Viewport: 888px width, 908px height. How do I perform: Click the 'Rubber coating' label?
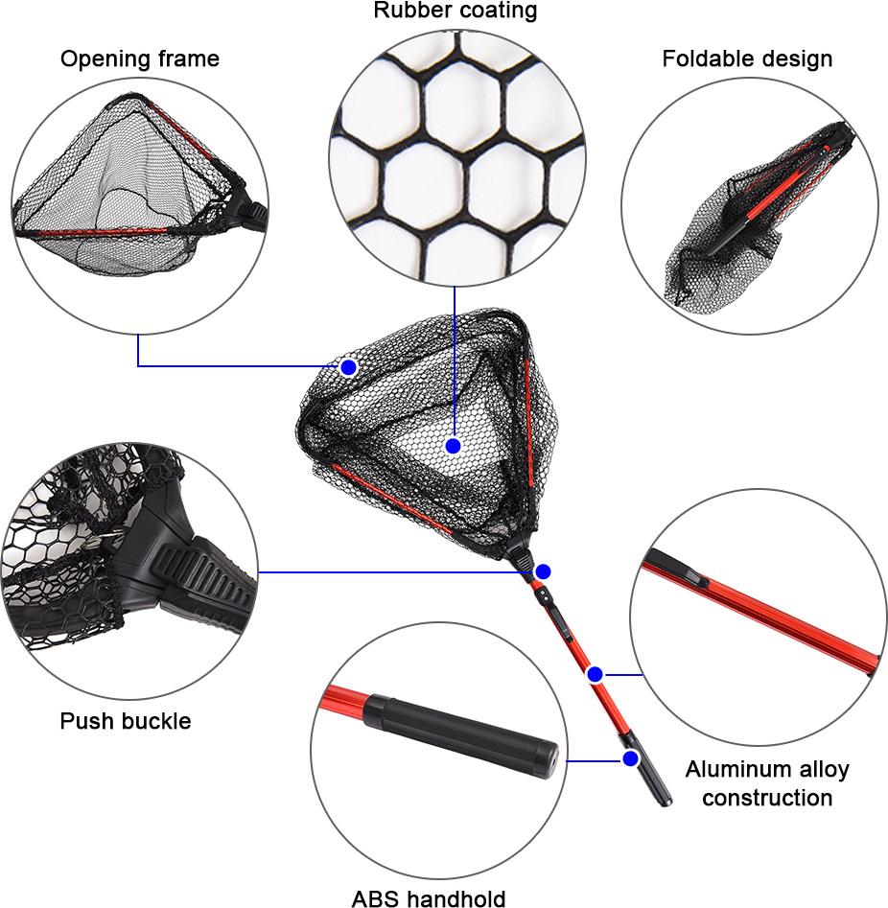[455, 11]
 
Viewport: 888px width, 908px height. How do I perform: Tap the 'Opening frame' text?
[140, 59]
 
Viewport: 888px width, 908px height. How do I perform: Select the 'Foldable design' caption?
[747, 59]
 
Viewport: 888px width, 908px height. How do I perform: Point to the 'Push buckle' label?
[125, 721]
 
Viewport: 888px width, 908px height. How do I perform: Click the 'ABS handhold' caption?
[429, 898]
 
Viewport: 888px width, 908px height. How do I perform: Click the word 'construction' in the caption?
[767, 798]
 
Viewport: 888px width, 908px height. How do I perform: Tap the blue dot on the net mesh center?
[453, 446]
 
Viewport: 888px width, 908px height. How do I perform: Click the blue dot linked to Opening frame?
[348, 367]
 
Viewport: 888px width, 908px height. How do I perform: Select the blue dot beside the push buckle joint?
[543, 572]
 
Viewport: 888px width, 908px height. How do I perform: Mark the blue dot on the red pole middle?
[595, 675]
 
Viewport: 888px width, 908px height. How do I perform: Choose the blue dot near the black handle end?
[631, 758]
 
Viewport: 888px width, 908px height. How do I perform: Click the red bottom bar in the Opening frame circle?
[93, 233]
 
